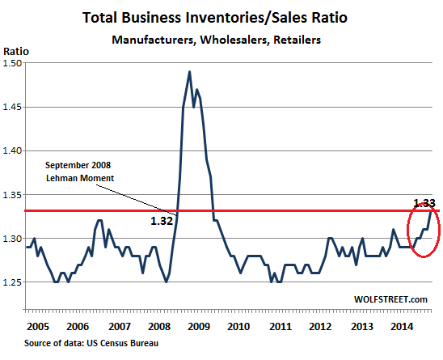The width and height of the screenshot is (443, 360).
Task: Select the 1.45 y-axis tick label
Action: point(14,107)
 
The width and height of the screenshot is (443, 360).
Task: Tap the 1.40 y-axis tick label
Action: point(14,150)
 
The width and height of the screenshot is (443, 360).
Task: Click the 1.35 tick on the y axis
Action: point(14,195)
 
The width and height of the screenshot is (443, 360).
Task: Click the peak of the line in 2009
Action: point(189,72)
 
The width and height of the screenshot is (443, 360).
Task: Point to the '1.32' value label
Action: point(162,219)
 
